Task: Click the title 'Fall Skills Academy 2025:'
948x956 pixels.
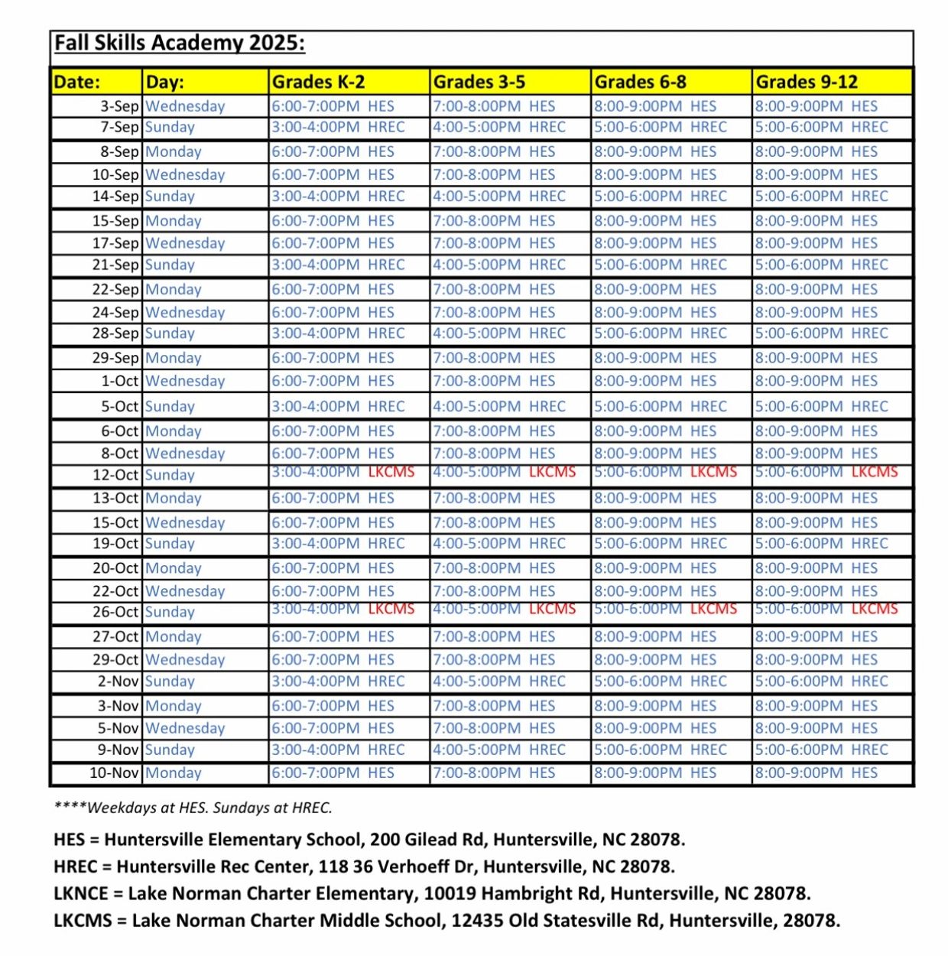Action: point(179,44)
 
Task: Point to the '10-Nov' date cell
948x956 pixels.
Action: point(113,772)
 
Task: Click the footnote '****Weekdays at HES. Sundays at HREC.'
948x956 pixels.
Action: point(193,808)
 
